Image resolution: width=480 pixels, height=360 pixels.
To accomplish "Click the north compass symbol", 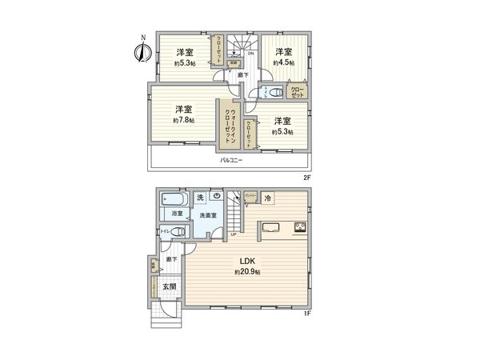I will point(142,50).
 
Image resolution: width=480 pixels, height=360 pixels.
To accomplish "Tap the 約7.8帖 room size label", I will point(183,121).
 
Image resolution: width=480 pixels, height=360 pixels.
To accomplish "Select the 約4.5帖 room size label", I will point(283,62).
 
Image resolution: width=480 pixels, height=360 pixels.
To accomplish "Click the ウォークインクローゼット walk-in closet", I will point(229,124).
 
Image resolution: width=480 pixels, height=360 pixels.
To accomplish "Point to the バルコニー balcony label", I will point(232,160).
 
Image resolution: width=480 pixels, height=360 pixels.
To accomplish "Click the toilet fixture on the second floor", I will point(274,93).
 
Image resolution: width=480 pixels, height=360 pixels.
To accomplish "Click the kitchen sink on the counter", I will point(270,226).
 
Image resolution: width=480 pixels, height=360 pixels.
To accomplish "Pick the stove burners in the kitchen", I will point(301,226).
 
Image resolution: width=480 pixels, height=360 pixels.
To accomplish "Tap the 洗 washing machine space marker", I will point(200,197).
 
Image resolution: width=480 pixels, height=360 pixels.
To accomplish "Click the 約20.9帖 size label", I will point(247,272).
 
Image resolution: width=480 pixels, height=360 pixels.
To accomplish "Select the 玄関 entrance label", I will point(170,286).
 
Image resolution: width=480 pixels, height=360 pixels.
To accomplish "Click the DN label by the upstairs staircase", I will point(250,54).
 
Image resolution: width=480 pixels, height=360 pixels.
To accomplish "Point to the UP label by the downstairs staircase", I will point(233,234).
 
